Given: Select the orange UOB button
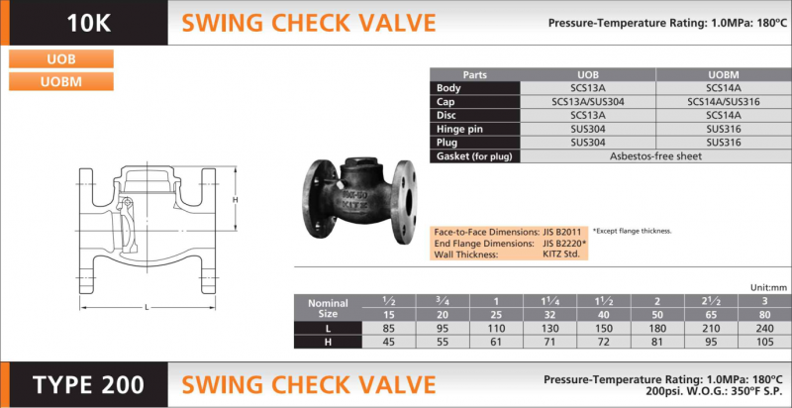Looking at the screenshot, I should click(x=61, y=58).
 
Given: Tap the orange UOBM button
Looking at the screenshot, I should click(x=61, y=81).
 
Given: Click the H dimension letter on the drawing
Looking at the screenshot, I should click(x=235, y=199).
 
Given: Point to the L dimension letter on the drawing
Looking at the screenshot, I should click(x=147, y=307).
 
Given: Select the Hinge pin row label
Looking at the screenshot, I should click(x=460, y=129).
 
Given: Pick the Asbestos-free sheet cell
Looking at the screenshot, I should click(x=655, y=156).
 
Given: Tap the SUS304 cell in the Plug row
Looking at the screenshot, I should click(x=588, y=143).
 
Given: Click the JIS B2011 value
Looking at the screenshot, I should click(x=564, y=231).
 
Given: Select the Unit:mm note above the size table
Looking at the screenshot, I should click(x=768, y=287).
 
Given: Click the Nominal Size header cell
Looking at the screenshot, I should click(x=328, y=306).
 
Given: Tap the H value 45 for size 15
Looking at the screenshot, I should click(x=388, y=342).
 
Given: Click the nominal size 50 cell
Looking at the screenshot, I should click(x=657, y=314).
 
